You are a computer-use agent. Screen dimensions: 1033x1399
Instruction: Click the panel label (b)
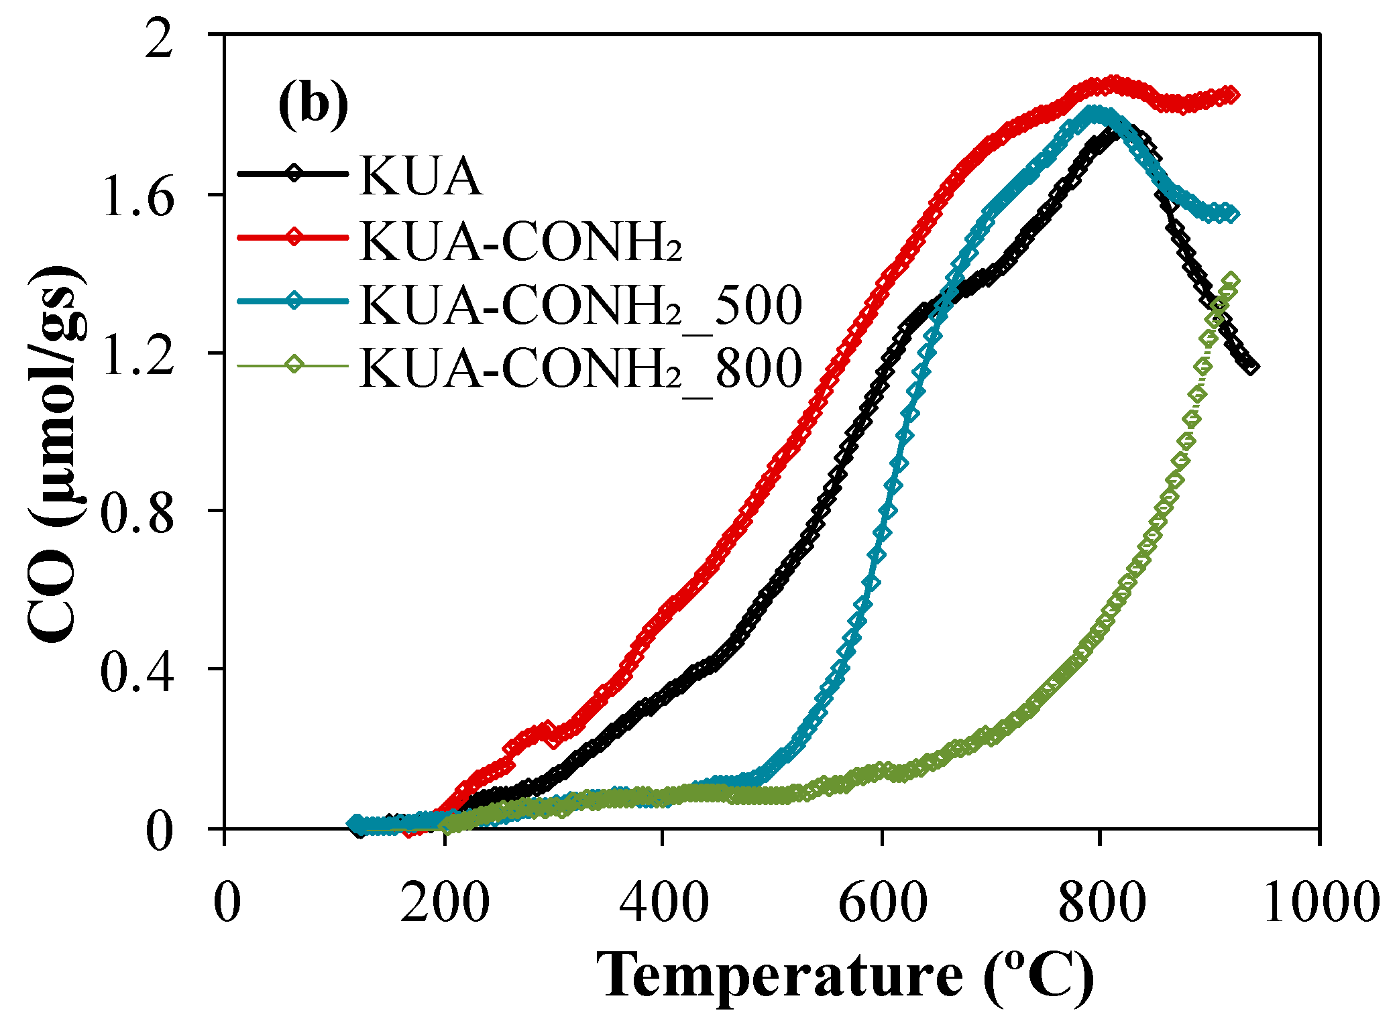313,105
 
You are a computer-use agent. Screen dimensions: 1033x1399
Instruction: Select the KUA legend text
421,176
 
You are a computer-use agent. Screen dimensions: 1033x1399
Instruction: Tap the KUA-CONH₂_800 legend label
581,367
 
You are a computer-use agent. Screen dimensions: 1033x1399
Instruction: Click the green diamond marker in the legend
294,365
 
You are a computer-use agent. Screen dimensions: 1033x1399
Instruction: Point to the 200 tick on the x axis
445,903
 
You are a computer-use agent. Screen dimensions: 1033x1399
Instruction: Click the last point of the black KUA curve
1251,367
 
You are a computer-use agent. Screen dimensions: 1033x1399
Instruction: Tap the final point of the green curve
1231,281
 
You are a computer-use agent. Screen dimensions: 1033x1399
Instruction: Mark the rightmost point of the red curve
1231,95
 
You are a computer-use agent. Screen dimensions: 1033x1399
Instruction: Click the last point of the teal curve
1231,214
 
